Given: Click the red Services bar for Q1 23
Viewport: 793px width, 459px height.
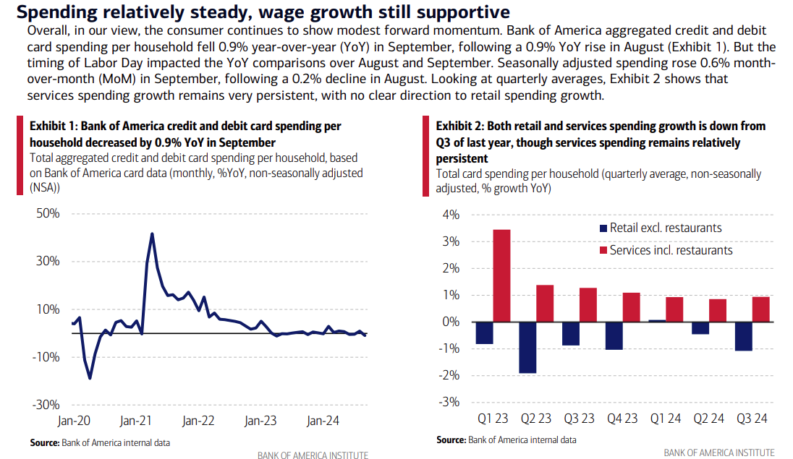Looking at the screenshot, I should (x=501, y=275).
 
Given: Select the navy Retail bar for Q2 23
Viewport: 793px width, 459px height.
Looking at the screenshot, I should (x=527, y=347).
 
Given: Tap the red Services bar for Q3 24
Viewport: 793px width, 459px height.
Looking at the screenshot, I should (x=760, y=309).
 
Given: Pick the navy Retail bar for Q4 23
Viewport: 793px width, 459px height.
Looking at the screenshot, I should (x=614, y=335).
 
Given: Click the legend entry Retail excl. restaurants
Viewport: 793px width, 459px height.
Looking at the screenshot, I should (x=666, y=228).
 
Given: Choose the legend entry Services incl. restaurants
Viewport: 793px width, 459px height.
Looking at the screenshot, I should (x=671, y=250).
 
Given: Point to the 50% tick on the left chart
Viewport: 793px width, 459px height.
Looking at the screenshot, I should (x=46, y=214).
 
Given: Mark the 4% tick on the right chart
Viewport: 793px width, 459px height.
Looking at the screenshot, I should (x=451, y=215).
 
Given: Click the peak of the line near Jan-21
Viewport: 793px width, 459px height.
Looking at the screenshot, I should (x=152, y=233).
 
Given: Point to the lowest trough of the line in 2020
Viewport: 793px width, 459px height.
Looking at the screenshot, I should (x=90, y=378).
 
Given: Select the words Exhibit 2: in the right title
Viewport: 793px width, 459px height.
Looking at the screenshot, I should (x=458, y=126).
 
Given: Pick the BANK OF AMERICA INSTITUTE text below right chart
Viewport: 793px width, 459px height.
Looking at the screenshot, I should (x=718, y=453).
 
